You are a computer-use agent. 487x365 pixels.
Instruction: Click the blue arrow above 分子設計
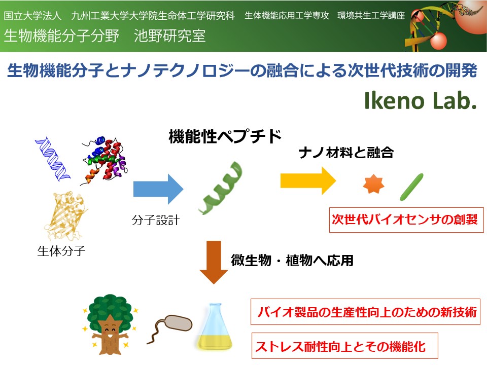point(158,189)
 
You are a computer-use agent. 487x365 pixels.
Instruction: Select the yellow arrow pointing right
point(308,181)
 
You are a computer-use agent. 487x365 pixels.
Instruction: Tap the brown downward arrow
point(214,262)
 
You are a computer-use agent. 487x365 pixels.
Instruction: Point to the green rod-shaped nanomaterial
point(411,187)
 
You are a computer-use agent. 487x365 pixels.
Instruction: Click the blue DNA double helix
point(52,159)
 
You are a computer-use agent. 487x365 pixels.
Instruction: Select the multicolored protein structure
point(104,161)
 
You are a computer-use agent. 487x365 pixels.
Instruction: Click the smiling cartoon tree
point(110,324)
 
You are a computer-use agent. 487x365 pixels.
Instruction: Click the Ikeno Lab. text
point(421,100)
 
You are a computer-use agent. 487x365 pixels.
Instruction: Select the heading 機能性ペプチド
point(225,136)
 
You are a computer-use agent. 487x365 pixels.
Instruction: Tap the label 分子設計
point(156,220)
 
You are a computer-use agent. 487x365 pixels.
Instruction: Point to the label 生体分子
point(61,251)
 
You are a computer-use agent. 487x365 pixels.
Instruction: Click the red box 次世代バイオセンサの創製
point(406,220)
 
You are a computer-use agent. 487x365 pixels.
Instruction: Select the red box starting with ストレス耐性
point(345,346)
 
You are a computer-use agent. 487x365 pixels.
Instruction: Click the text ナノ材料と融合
point(346,153)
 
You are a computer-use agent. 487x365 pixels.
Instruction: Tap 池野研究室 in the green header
point(170,35)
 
